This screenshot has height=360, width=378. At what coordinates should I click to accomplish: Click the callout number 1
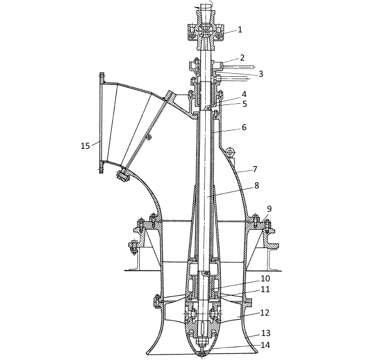point(239,29)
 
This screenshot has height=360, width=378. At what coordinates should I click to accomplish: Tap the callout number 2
point(242,58)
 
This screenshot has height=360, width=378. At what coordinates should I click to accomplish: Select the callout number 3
point(261,74)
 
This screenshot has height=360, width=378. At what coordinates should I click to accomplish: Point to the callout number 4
point(244,94)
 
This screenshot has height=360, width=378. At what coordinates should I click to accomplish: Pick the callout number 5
point(245,104)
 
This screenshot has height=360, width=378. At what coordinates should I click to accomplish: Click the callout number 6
point(244,127)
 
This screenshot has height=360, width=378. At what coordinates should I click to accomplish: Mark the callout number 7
point(255,169)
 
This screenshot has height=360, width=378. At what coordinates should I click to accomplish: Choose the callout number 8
point(257,185)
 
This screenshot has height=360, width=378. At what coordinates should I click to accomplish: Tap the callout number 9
point(269,209)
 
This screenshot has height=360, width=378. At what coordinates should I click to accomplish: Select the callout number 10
point(265,278)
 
